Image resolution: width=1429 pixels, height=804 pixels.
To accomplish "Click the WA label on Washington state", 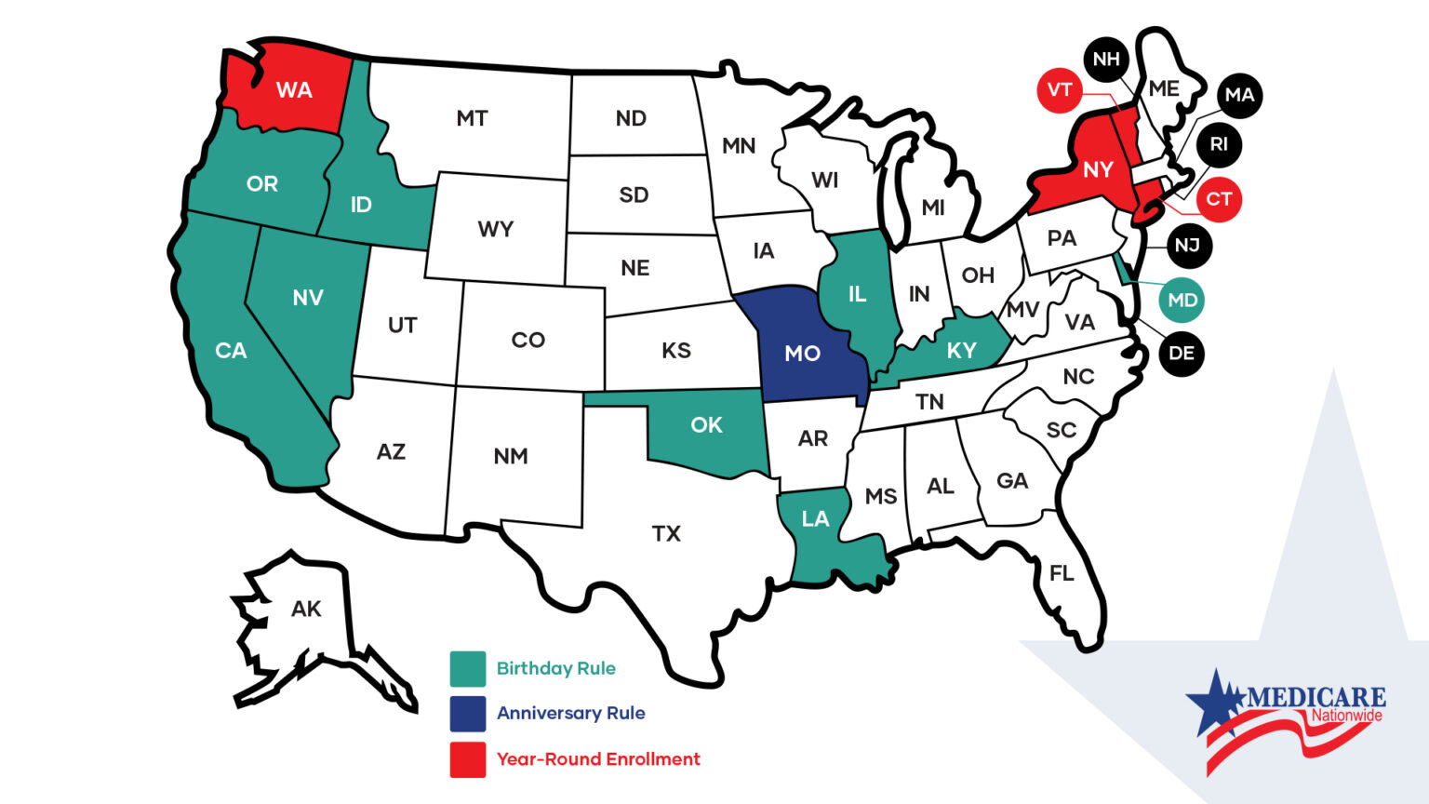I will [x=294, y=90].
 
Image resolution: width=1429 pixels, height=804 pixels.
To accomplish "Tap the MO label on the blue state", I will [x=802, y=354].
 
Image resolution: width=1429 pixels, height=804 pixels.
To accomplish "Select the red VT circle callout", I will [x=1060, y=90].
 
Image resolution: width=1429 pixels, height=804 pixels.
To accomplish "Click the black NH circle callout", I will [x=1106, y=60].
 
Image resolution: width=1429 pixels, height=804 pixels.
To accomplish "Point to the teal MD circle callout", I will [x=1182, y=300].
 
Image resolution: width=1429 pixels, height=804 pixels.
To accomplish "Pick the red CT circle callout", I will [x=1219, y=199].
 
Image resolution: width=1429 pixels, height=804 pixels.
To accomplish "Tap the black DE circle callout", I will [x=1181, y=354].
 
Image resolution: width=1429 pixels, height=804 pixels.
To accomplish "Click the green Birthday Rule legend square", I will [x=468, y=668].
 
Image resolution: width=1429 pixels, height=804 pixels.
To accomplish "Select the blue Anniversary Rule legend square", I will [x=468, y=714].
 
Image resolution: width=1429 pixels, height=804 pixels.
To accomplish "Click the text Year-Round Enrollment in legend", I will [x=598, y=759].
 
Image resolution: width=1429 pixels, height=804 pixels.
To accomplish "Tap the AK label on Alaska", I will [x=306, y=610].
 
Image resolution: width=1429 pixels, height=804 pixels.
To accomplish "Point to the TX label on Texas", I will [x=666, y=534].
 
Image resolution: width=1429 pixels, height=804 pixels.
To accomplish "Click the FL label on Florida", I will [x=1062, y=573].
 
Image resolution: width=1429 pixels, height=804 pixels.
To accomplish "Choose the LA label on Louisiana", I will [x=815, y=519].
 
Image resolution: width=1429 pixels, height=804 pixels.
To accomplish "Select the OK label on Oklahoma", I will [x=706, y=425].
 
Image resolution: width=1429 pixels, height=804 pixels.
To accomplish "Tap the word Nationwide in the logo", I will [x=1346, y=716].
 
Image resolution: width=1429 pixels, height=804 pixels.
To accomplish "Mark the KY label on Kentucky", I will [x=961, y=351].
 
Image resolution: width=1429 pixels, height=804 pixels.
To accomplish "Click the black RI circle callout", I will [x=1219, y=145].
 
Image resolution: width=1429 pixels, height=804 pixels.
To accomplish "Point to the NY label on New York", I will [x=1098, y=170].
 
